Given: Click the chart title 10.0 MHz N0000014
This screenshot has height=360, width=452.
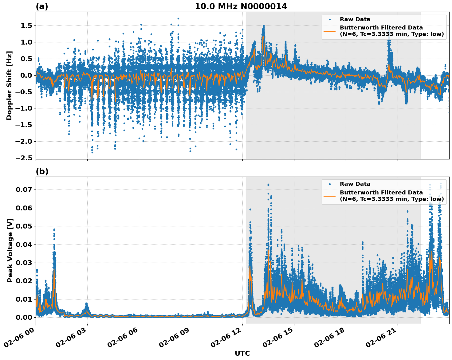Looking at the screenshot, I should point(241,6).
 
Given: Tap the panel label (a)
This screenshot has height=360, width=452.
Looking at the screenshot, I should point(42,6).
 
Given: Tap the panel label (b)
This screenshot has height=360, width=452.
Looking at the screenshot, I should point(42,171).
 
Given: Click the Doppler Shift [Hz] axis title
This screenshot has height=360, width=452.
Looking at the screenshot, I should point(9,85).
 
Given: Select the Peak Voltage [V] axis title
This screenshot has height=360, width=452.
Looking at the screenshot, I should point(10,250).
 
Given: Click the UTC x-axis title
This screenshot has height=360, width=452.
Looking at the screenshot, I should point(242,353).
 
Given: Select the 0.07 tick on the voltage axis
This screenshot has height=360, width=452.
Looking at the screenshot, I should point(24,190).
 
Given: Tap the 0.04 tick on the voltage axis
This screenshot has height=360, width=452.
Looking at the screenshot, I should point(24,245).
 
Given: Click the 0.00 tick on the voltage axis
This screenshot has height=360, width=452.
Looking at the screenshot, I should point(24,317).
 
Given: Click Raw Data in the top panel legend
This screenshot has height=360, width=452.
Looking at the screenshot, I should point(355,19).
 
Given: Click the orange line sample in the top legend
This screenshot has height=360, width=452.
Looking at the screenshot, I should point(329,31).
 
